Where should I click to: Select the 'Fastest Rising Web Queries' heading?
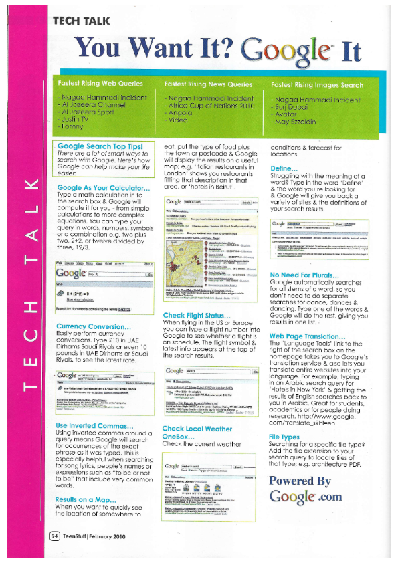click(x=100, y=84)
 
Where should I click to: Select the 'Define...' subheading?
click(x=284, y=169)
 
